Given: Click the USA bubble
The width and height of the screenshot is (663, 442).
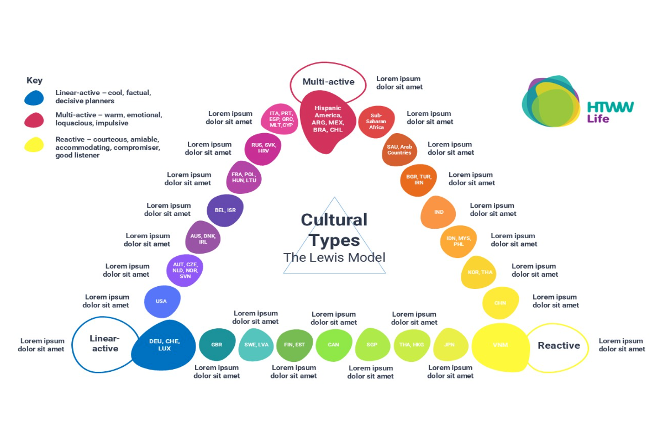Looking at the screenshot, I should coord(162,302).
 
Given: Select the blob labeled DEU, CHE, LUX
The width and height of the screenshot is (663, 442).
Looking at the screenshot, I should coord(163,345).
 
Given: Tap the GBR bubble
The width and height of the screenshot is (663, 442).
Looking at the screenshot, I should coord(217,344).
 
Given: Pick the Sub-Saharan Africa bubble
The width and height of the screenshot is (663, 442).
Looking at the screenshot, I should coord(376,121).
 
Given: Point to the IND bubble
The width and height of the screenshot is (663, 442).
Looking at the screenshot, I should coord(438,212).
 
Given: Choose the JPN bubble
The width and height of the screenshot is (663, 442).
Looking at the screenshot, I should coord(451,344).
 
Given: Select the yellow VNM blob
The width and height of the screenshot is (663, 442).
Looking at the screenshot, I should coord(500,346).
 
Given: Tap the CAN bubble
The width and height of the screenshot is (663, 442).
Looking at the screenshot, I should coord(334,344).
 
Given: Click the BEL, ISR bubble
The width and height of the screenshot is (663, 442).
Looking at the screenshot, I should coord(225,211).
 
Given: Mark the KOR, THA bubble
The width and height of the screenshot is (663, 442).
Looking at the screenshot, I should coord(479,272).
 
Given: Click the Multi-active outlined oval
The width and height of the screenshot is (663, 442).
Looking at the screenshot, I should coord(328,82).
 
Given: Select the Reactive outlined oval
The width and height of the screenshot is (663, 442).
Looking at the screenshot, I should coord(559,346).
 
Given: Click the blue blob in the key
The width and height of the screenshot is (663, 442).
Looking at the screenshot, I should coord(34,98).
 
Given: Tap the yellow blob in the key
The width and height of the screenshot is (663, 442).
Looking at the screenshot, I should coord(34,145).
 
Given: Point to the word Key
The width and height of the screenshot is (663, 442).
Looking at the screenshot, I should coord(34,81).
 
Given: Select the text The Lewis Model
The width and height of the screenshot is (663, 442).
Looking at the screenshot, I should coord(334,257).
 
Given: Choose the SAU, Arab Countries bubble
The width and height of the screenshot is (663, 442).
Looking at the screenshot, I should coord(399,150).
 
